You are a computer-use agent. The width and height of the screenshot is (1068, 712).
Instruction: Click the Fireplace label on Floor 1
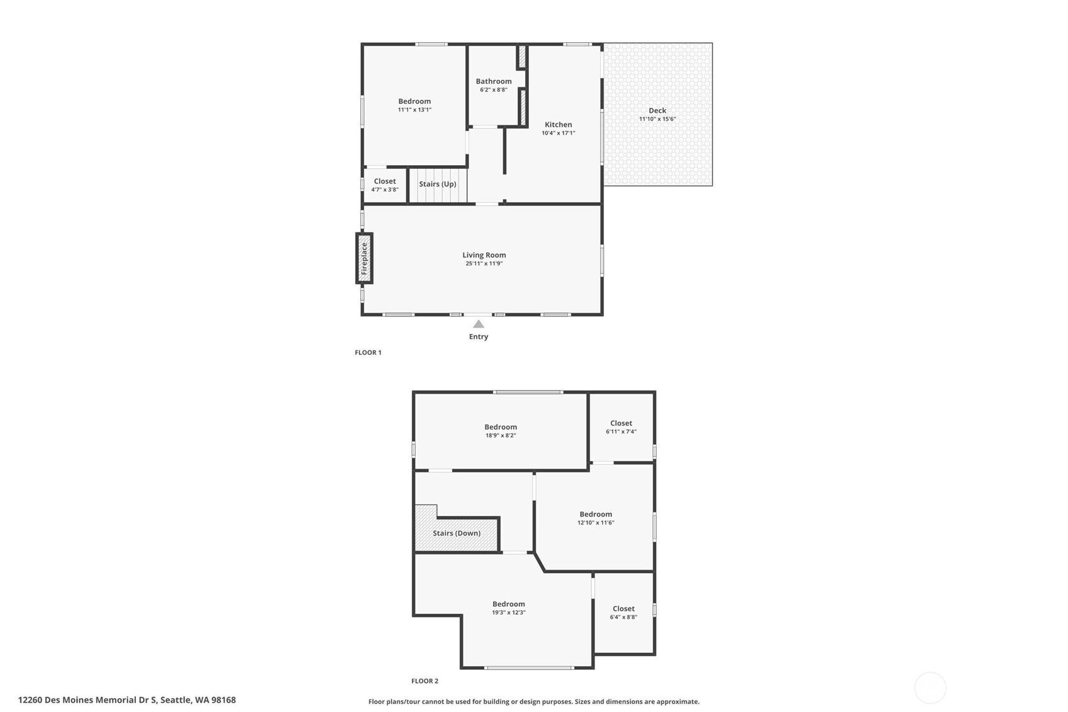point(364,258)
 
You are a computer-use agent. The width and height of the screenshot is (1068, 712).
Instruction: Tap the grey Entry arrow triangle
point(479,324)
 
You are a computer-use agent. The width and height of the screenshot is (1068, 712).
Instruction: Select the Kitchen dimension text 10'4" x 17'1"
point(558,133)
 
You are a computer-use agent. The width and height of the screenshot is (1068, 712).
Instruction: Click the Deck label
point(657,110)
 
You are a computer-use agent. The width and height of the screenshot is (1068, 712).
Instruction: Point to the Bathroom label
point(493,81)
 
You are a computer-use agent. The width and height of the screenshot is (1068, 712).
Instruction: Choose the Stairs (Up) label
point(437,184)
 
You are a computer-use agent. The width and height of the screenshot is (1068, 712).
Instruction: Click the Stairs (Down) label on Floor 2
point(457,533)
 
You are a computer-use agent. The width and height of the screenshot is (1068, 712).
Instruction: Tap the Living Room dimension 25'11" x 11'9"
point(484,263)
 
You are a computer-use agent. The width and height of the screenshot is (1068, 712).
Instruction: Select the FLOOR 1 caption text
point(368,353)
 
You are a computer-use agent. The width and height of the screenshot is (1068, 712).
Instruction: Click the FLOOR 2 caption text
point(424,681)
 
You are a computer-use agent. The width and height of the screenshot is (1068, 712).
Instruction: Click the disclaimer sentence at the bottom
point(533,702)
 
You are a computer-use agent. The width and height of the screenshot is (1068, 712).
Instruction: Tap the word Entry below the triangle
point(479,336)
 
